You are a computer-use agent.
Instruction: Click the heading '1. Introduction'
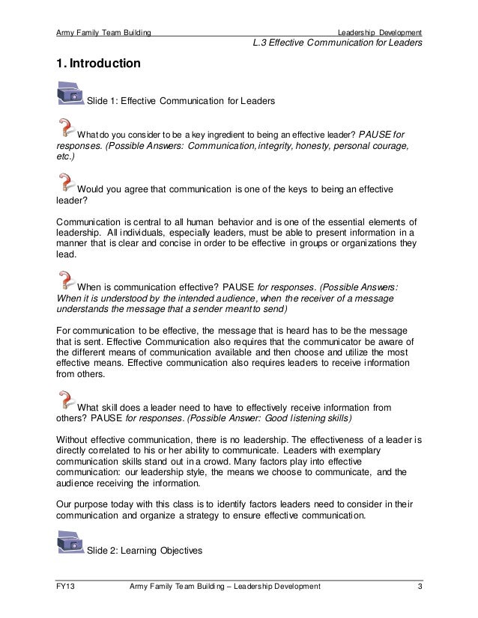click(x=98, y=64)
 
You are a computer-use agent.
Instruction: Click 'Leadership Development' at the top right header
click(x=379, y=32)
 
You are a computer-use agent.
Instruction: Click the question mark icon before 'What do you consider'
click(x=66, y=127)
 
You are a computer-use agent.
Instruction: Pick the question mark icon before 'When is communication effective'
click(x=66, y=280)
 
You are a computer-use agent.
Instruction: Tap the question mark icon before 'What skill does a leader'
click(x=66, y=400)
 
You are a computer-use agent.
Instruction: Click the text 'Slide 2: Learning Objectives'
click(x=145, y=551)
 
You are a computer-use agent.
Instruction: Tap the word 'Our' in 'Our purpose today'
click(x=66, y=504)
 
